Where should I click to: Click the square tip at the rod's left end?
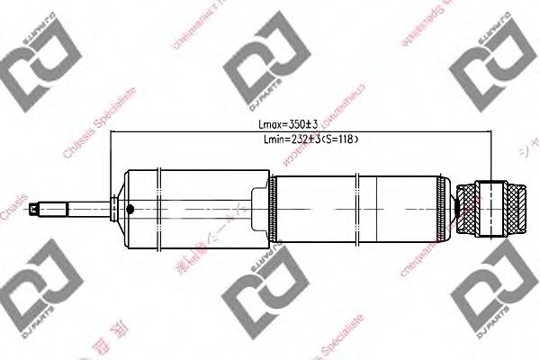coord(34,211)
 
